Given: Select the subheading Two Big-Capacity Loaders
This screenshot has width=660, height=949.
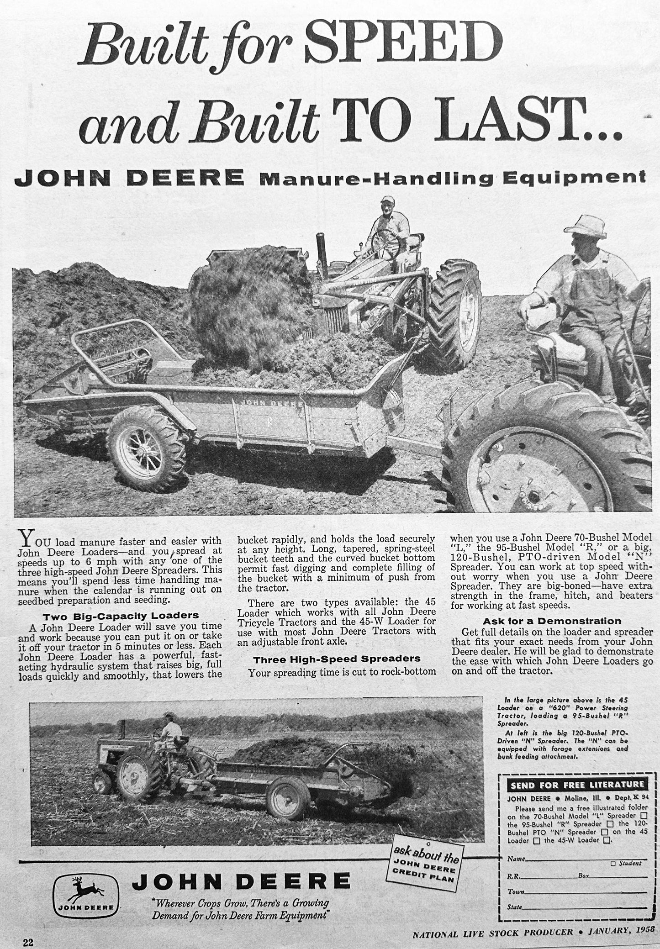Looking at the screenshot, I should (x=121, y=615).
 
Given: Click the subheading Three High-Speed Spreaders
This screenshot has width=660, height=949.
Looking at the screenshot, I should (x=337, y=659).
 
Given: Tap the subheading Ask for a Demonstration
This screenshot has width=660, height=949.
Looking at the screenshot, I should (x=552, y=621).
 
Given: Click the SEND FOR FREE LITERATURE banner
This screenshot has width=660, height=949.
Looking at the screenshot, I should (x=576, y=785).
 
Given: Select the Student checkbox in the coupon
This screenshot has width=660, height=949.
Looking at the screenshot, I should (x=613, y=863).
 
